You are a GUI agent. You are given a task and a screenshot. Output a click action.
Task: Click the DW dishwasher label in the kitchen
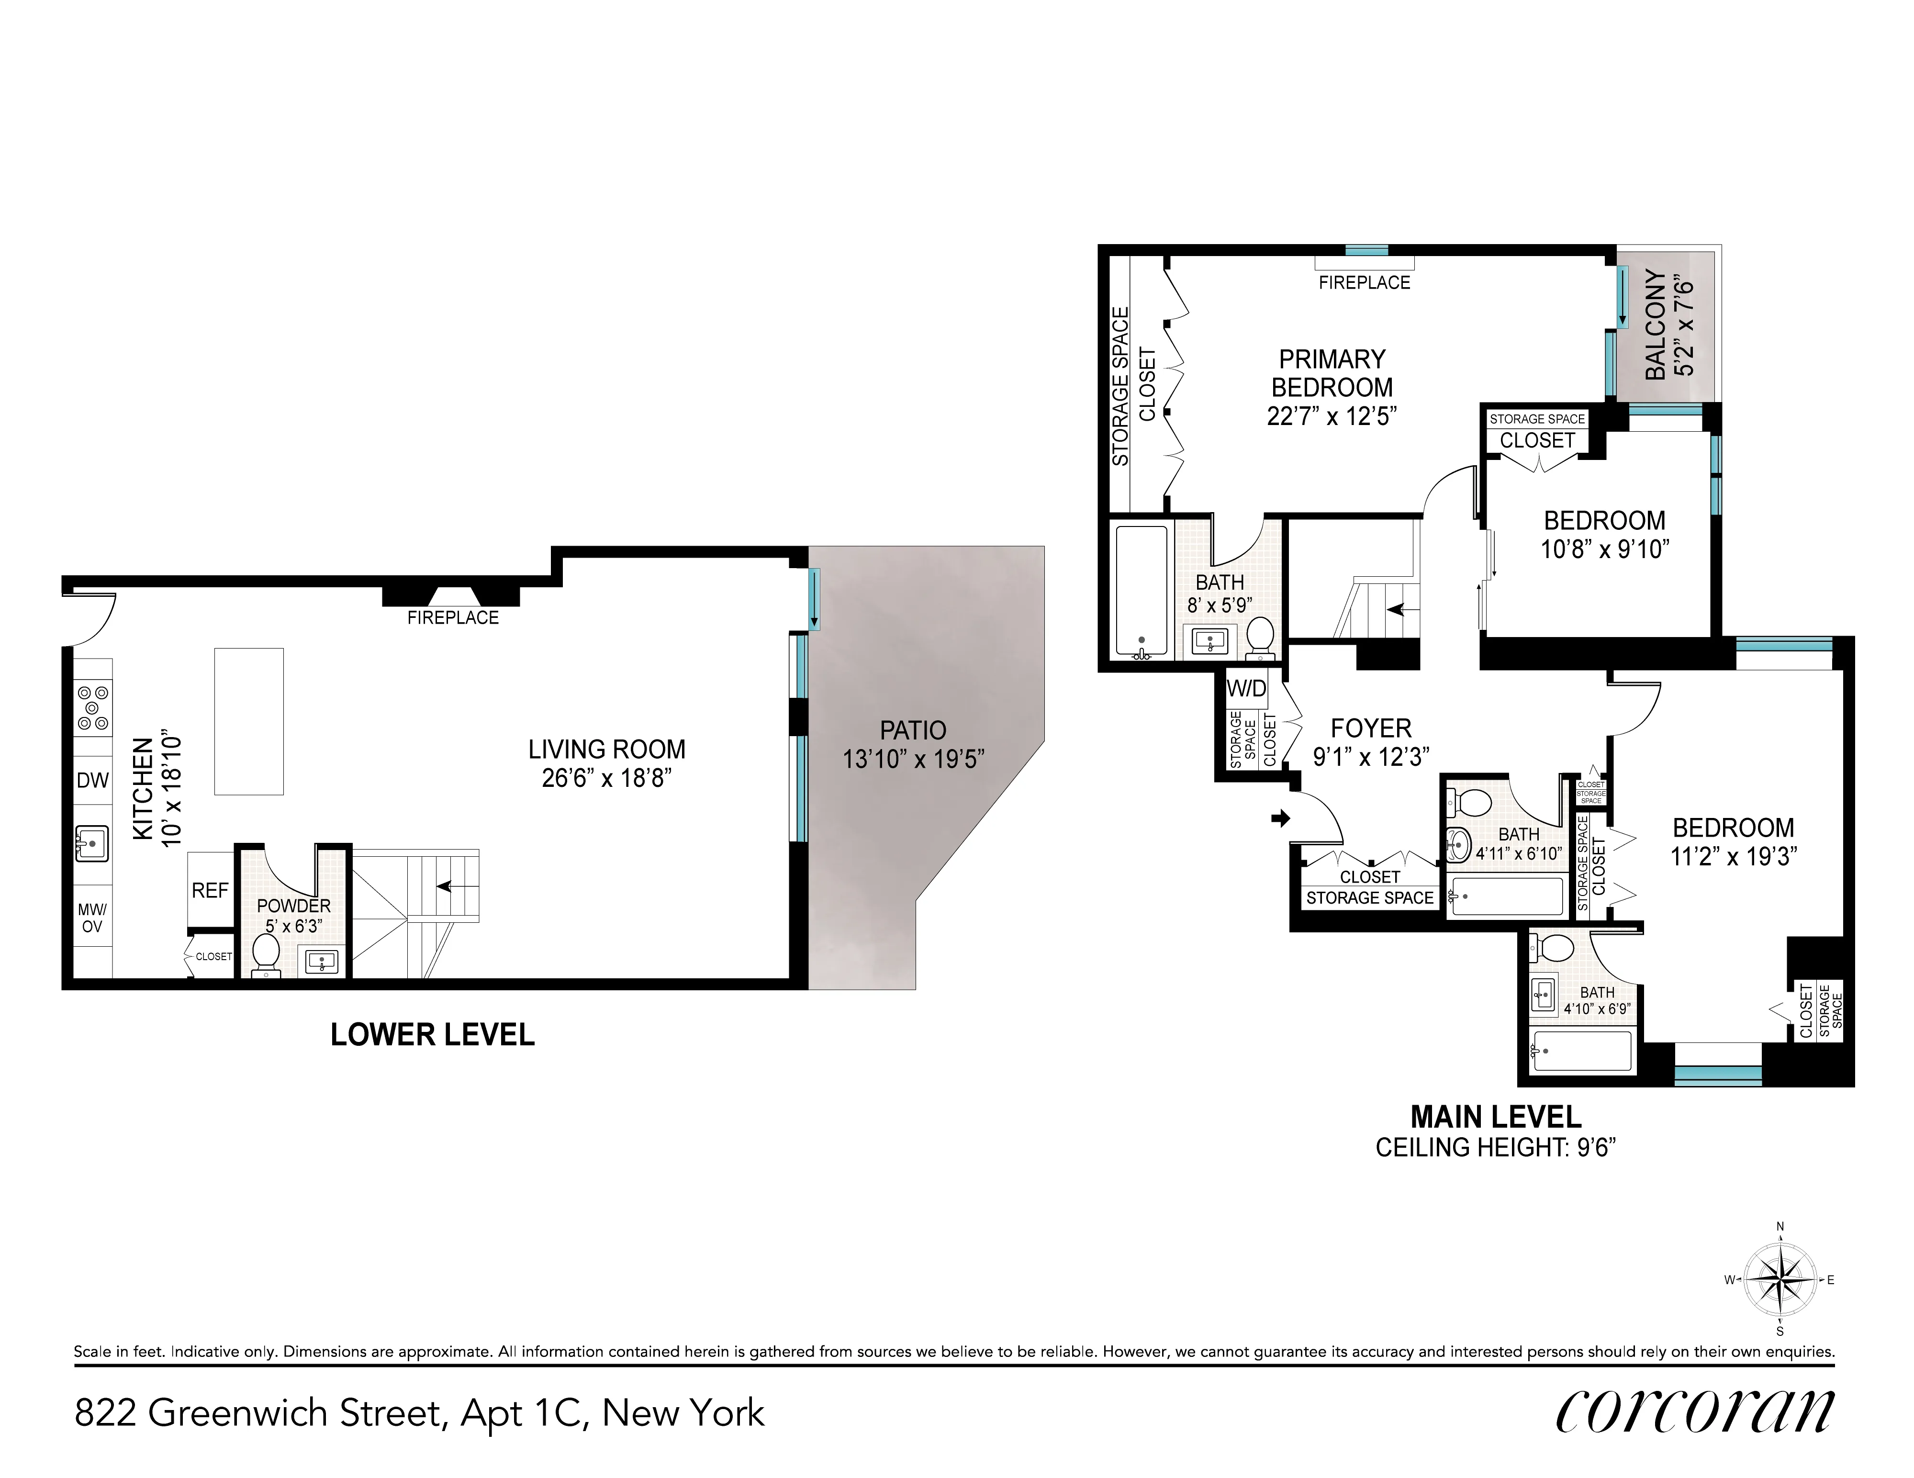point(93,780)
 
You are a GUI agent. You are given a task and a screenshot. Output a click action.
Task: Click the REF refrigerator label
point(210,891)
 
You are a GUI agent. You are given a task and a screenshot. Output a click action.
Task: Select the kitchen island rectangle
point(249,721)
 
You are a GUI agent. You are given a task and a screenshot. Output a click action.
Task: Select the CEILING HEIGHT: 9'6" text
point(1495,1148)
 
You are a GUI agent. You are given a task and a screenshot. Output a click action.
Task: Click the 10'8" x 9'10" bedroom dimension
point(1605,549)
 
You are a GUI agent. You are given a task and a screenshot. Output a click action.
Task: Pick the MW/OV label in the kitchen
point(92,918)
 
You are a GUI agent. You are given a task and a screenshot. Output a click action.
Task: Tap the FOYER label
point(1371,728)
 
